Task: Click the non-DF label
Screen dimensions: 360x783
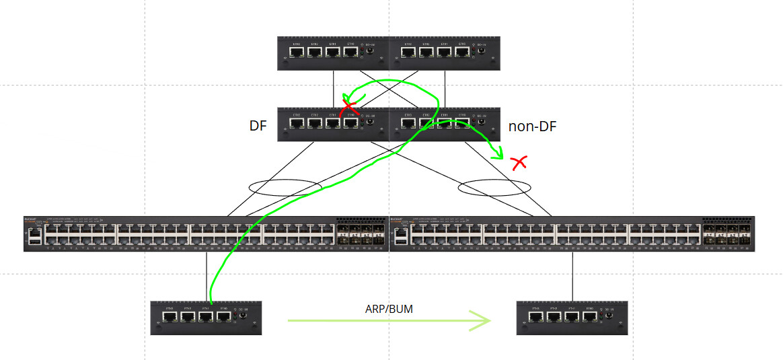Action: (x=532, y=126)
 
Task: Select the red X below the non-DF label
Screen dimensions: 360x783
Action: (x=519, y=162)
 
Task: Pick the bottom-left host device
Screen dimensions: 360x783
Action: (x=205, y=318)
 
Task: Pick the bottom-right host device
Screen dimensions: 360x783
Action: (x=572, y=318)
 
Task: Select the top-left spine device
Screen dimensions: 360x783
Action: (x=334, y=53)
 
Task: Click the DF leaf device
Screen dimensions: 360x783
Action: (x=334, y=124)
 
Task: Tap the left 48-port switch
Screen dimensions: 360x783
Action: (x=206, y=233)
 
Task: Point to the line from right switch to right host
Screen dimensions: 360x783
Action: (x=572, y=276)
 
